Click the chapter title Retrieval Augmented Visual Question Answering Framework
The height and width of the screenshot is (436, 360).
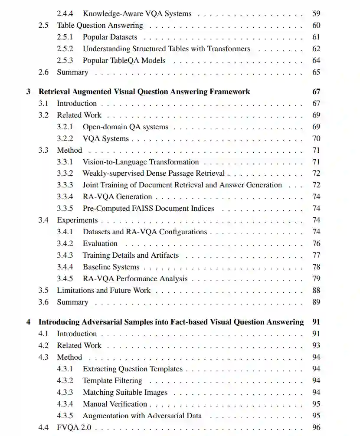click(144, 92)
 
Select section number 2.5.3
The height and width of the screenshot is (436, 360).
click(65, 60)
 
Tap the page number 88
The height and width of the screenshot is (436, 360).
click(316, 290)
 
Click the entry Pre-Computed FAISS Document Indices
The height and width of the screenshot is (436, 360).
click(148, 208)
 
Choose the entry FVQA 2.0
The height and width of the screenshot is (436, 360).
click(74, 427)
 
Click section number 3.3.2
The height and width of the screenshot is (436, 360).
click(65, 173)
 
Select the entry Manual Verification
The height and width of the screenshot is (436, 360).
click(115, 404)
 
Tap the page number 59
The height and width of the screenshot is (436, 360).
click(316, 13)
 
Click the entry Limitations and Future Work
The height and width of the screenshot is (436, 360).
click(104, 290)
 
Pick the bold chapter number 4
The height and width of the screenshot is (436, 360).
click(29, 322)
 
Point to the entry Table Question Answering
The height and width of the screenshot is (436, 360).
click(100, 25)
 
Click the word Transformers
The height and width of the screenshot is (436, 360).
click(229, 49)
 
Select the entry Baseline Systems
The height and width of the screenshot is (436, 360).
click(111, 267)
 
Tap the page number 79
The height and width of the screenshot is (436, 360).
click(316, 279)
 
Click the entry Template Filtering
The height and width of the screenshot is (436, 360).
click(112, 380)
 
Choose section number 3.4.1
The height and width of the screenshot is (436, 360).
click(65, 232)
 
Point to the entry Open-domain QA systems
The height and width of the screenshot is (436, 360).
click(125, 127)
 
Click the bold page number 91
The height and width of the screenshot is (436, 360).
click(316, 322)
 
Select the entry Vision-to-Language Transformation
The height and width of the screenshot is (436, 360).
click(141, 162)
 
